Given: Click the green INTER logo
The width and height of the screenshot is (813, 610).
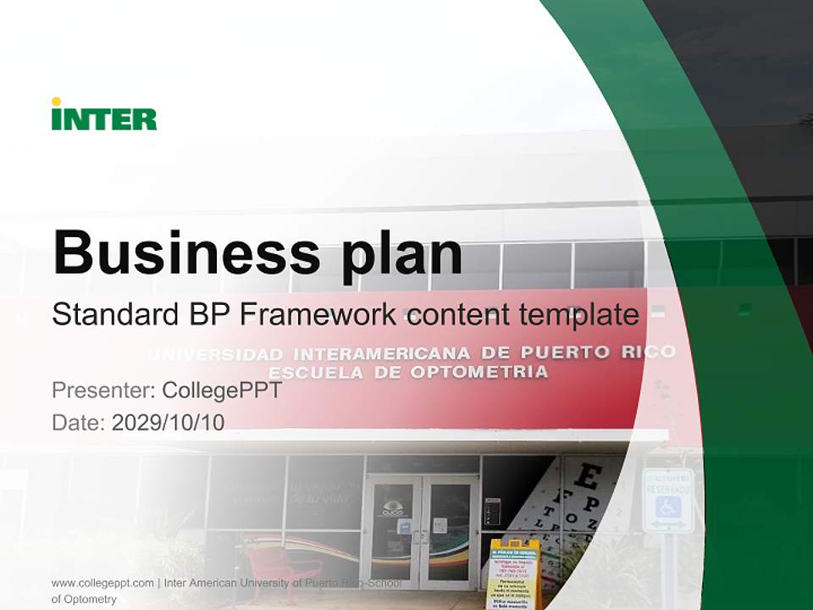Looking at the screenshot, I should [x=104, y=116].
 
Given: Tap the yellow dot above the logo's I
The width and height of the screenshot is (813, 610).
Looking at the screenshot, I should [x=56, y=102].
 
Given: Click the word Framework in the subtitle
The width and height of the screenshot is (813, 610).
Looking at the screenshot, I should [x=318, y=314].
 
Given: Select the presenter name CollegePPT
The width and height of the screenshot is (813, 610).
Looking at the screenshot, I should [x=221, y=391].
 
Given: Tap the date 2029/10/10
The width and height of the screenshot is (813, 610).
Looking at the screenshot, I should [x=168, y=423].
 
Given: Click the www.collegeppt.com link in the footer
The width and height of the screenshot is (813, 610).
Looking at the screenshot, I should [x=102, y=583].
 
